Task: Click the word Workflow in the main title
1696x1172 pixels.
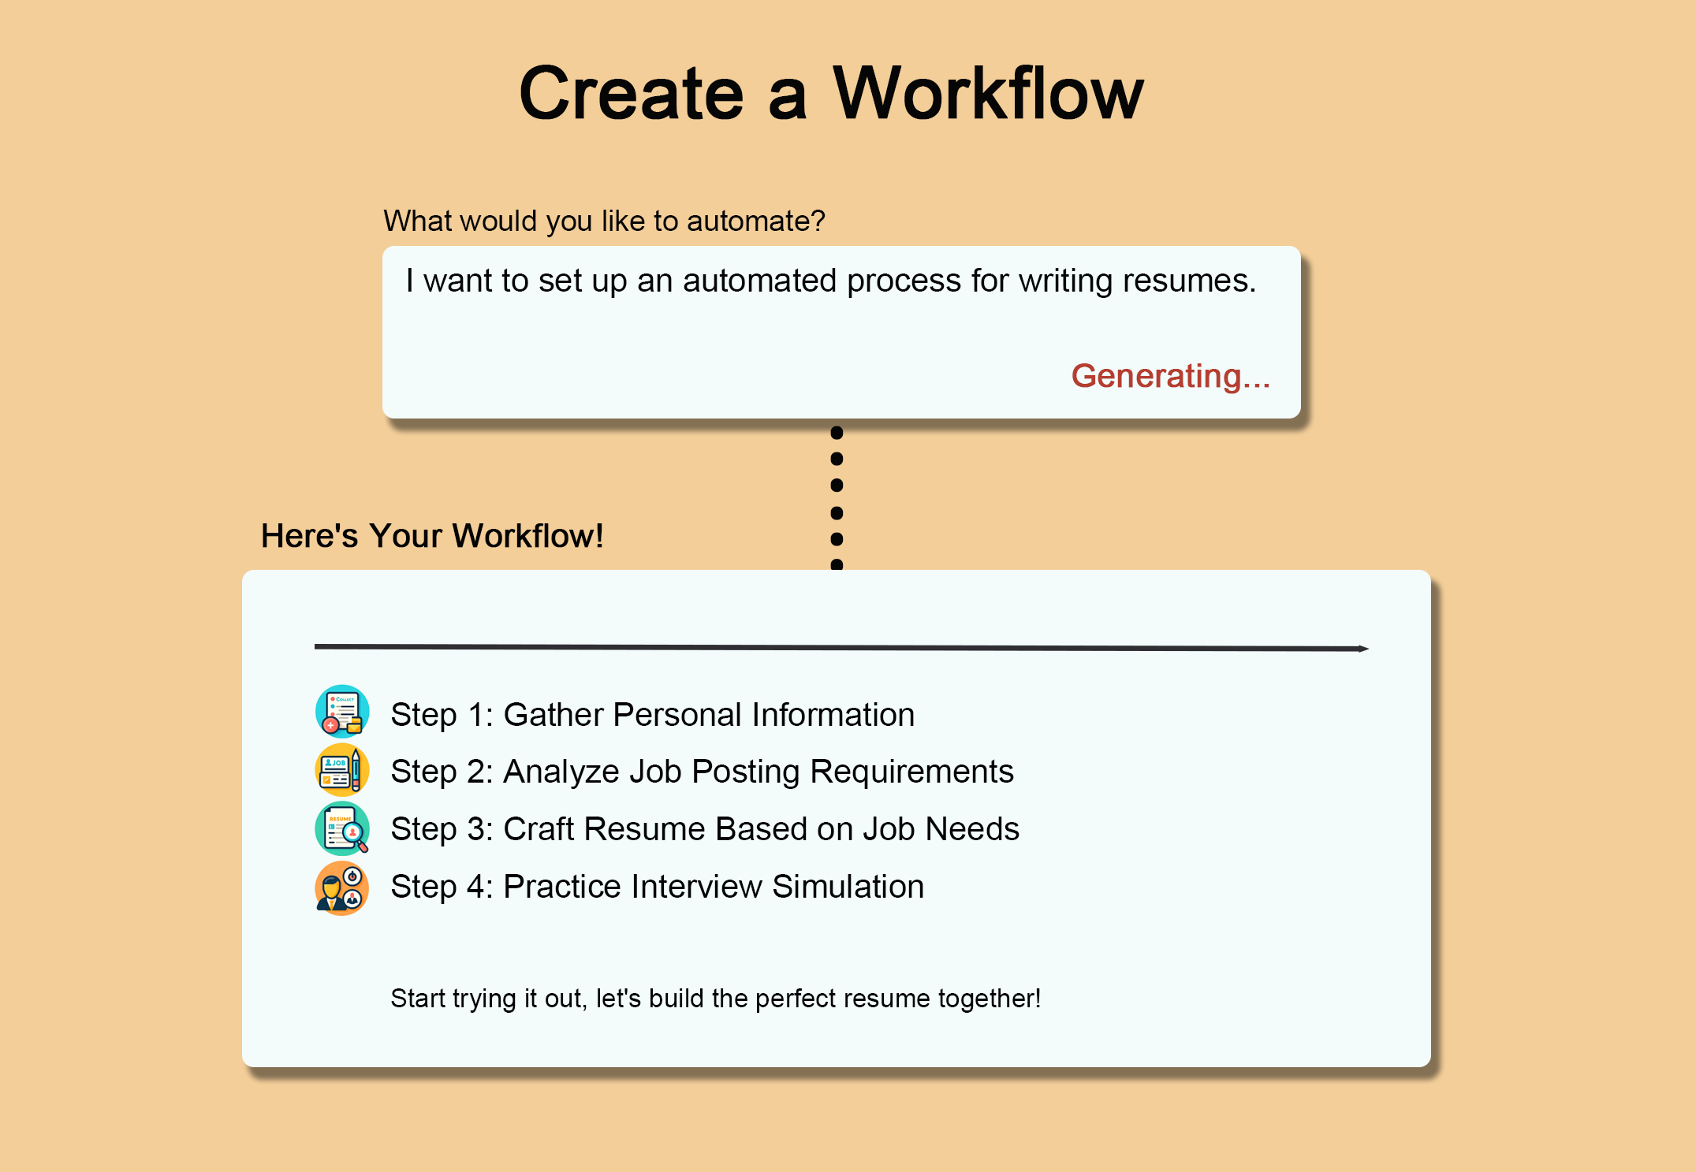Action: point(988,94)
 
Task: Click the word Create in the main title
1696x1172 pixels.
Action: point(632,94)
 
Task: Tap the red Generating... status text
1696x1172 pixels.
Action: point(1170,376)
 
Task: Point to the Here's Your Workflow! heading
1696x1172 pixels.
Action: point(432,536)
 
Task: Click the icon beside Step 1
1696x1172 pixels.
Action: point(342,711)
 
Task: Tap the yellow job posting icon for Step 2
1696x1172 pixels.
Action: point(342,769)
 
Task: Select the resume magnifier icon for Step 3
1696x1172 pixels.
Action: point(342,828)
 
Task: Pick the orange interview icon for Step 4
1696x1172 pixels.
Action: point(342,887)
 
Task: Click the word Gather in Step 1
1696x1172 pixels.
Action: point(554,715)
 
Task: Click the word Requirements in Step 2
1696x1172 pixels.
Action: point(912,772)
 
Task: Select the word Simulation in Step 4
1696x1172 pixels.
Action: point(848,887)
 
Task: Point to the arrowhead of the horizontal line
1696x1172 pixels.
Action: point(1365,649)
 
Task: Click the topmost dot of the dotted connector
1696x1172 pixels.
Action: point(837,433)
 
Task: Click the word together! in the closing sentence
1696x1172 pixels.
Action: point(990,999)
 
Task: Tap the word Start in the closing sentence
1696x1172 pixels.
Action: point(418,999)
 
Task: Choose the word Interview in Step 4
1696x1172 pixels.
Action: point(696,887)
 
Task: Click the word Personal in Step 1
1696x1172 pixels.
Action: point(677,715)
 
